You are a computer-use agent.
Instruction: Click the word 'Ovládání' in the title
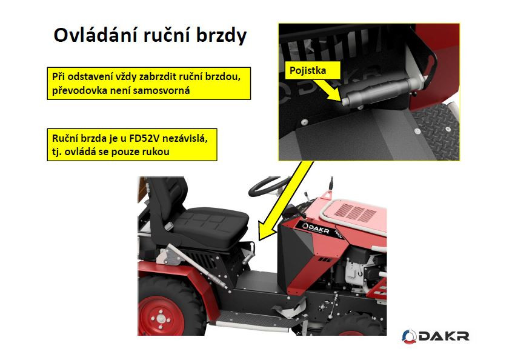coord(95,35)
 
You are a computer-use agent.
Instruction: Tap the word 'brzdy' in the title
coord(221,36)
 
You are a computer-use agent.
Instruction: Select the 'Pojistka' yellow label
coord(308,70)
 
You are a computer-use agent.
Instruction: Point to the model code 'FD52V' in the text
coord(144,138)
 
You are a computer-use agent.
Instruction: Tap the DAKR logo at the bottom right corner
coord(436,336)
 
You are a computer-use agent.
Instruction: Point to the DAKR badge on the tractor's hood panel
coord(316,228)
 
